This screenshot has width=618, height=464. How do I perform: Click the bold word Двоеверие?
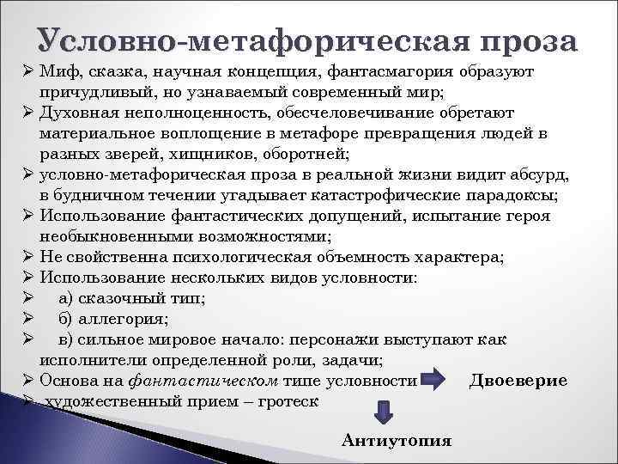click(518, 381)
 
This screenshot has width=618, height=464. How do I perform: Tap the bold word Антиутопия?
click(396, 441)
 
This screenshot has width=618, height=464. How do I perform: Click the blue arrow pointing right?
click(433, 380)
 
